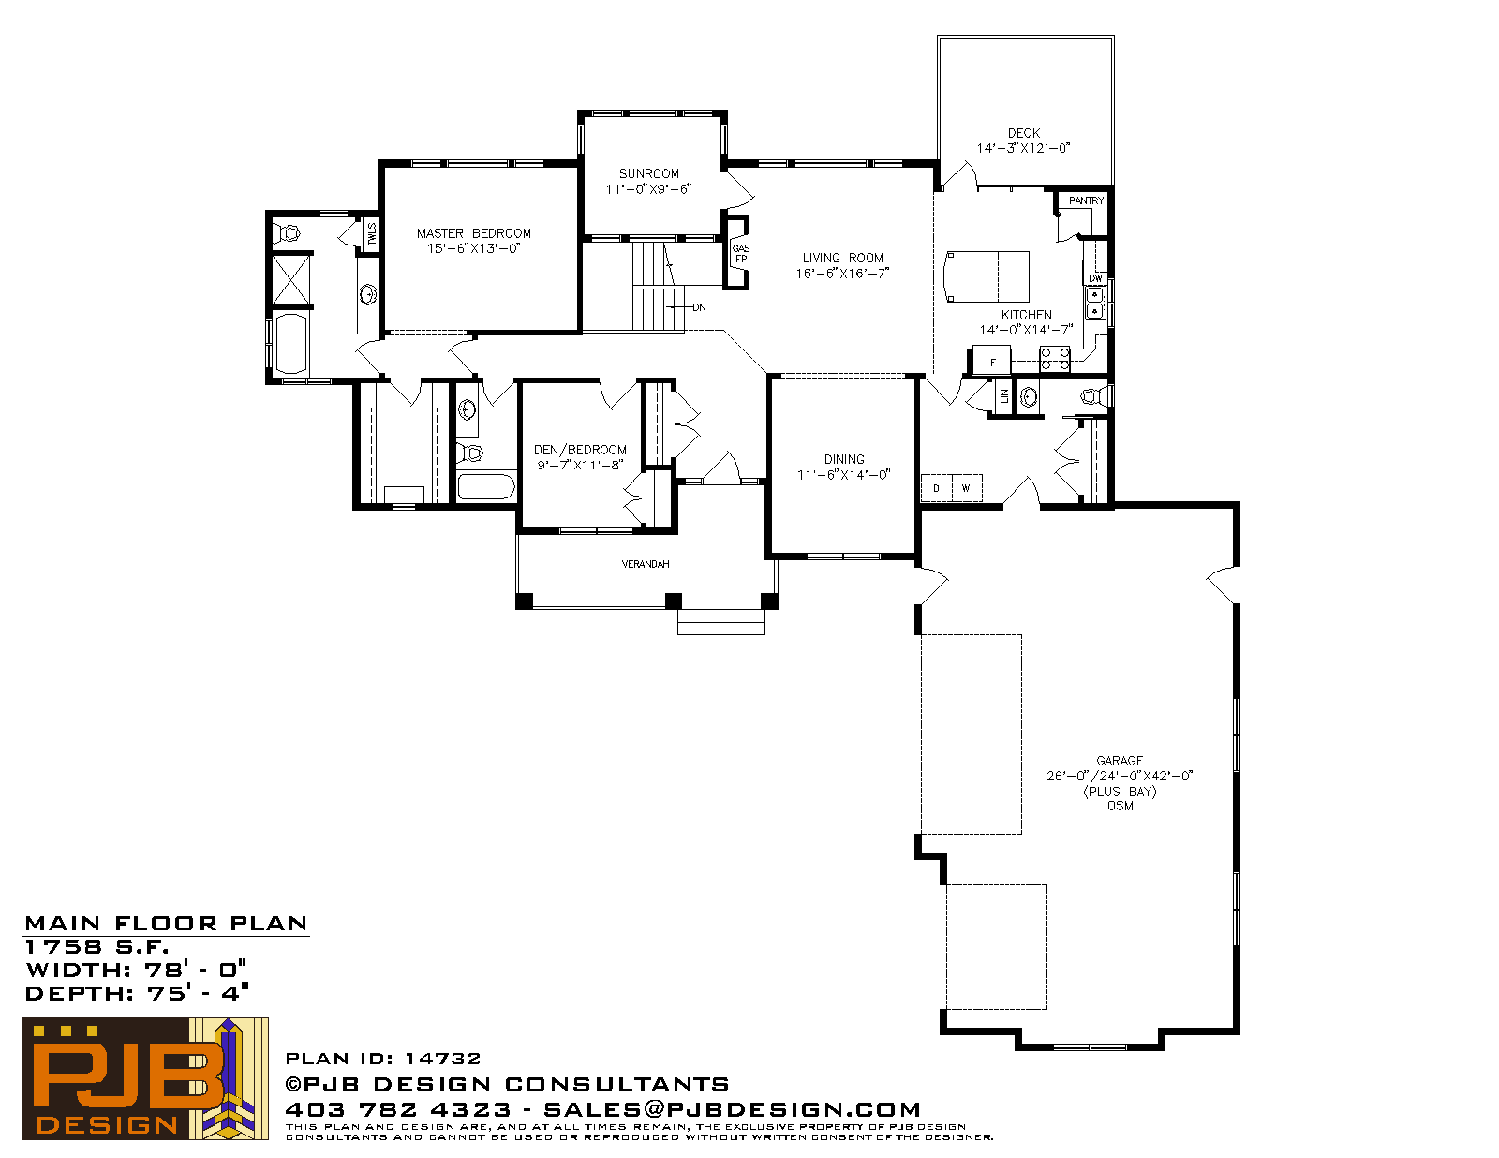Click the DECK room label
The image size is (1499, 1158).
coord(1024,133)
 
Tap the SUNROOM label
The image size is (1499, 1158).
coord(649,174)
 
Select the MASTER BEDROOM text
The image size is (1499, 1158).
coord(474,234)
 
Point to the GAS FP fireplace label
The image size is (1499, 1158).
coord(741,254)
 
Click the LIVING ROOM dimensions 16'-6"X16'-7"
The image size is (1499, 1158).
coord(842,274)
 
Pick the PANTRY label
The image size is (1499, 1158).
coord(1087,200)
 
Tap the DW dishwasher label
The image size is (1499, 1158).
coord(1095,278)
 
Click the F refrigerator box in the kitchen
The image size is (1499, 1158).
coord(992,362)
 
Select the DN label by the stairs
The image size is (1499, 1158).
coord(700,307)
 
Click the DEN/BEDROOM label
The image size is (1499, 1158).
coord(580,450)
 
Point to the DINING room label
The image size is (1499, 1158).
coord(844,459)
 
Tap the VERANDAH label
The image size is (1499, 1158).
coord(646,564)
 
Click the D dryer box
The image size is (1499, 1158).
coord(936,487)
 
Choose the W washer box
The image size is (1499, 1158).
coord(967,487)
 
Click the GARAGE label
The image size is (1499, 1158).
coord(1120,761)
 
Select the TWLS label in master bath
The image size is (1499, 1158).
coord(372,234)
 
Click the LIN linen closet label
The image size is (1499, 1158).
coord(1004,396)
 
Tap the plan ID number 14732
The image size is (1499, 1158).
coord(442,1059)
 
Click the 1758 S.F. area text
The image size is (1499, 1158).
coord(96,946)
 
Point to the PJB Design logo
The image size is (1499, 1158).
coord(145,1078)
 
